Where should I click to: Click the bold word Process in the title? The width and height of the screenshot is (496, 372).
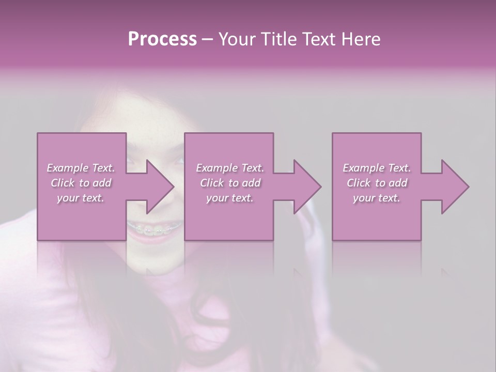click(162, 39)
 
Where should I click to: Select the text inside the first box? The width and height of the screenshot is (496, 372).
click(81, 183)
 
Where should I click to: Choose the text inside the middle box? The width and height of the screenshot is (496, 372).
click(230, 183)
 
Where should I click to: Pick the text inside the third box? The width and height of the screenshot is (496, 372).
click(377, 183)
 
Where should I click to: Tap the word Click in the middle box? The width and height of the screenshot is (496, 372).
click(212, 183)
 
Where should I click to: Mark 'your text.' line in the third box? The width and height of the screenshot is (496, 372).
click(377, 198)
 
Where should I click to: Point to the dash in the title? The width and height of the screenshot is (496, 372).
click(208, 39)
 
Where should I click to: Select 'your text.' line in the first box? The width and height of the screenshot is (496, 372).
click(81, 198)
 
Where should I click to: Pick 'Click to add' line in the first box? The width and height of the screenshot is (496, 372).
click(81, 183)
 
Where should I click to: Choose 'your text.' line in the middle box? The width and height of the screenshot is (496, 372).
click(230, 198)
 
